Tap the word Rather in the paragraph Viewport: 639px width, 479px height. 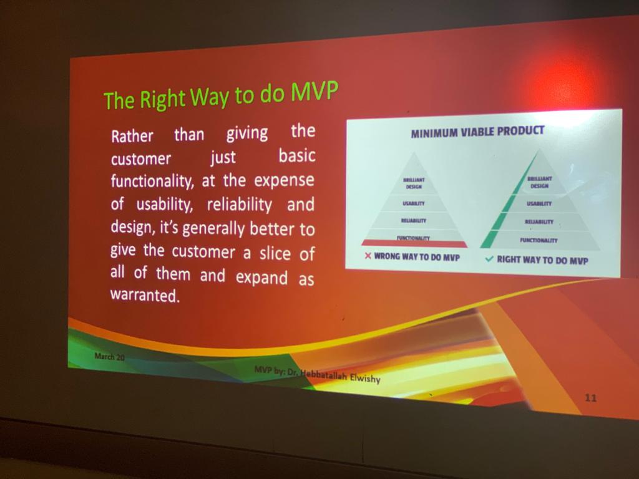point(132,136)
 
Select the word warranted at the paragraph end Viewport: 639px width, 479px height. point(145,295)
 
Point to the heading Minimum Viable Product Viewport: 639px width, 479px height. point(477,132)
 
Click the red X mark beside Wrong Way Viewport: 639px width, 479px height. point(368,256)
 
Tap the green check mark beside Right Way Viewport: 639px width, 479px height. point(489,259)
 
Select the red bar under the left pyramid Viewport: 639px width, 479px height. point(414,244)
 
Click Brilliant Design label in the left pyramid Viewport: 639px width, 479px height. point(414,183)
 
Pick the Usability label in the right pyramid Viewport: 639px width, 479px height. point(539,203)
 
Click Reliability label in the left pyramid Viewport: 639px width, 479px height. point(414,220)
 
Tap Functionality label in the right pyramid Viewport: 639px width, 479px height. point(539,240)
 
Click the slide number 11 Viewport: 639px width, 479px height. point(590,397)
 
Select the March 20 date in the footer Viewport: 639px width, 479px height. point(109,356)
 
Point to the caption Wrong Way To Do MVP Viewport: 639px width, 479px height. point(417,256)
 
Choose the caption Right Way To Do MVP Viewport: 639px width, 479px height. point(542,260)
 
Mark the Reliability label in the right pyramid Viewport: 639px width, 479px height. point(539,221)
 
